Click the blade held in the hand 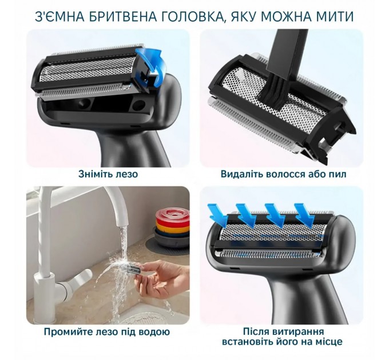[x=141, y=270]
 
